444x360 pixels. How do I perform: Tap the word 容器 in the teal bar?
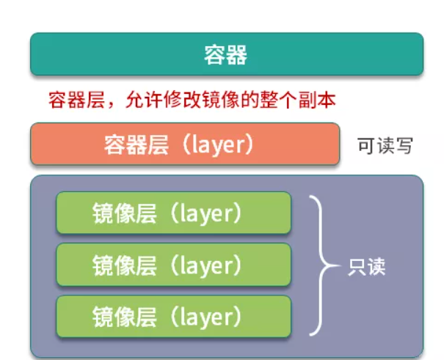(x=226, y=54)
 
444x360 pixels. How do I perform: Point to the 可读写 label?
(x=385, y=146)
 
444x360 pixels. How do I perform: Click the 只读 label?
(x=366, y=265)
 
